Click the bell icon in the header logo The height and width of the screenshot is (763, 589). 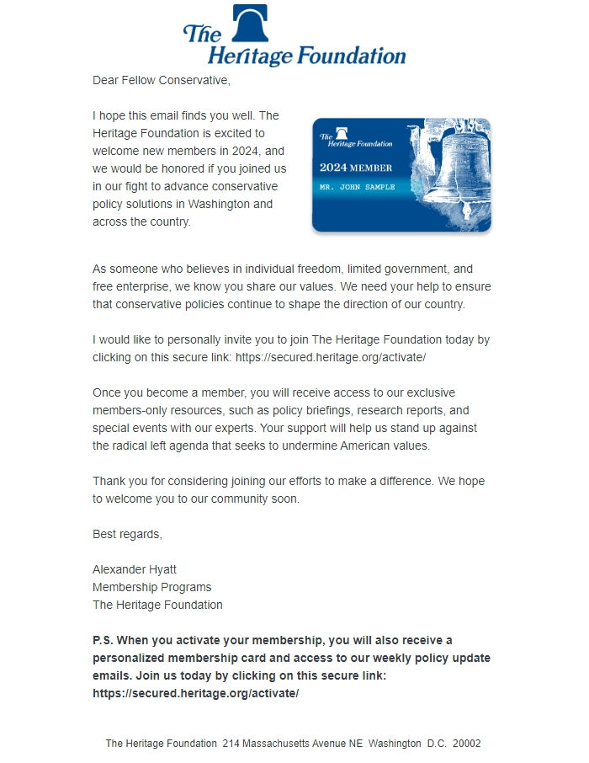(x=250, y=23)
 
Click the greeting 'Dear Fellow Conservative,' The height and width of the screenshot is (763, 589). (x=161, y=81)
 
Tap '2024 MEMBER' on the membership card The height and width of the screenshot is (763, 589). (x=355, y=168)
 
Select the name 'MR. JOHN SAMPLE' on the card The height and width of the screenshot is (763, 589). (x=357, y=186)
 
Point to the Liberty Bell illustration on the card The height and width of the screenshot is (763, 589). (x=455, y=164)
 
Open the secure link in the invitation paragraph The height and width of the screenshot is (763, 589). (x=331, y=357)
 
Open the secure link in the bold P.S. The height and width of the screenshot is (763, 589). (x=195, y=693)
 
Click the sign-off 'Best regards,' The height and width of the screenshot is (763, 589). (x=127, y=534)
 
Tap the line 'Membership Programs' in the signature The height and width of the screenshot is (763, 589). (x=151, y=587)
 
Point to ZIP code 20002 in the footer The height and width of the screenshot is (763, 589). (x=466, y=744)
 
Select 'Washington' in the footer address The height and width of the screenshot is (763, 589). (x=394, y=744)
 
